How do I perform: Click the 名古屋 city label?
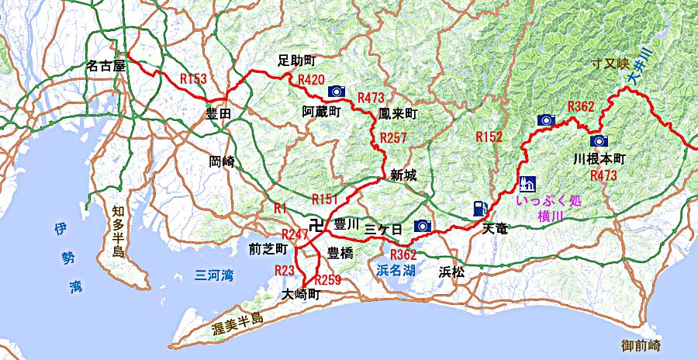click(x=106, y=66)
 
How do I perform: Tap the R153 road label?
click(x=192, y=78)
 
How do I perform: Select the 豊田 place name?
click(x=219, y=114)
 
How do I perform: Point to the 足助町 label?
click(x=297, y=61)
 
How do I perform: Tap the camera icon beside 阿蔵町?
click(x=337, y=91)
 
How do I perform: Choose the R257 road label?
click(x=394, y=137)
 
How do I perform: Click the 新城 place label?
click(x=403, y=175)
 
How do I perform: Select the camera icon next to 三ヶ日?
click(x=423, y=226)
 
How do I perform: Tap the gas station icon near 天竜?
click(x=480, y=208)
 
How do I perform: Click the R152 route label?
click(x=489, y=137)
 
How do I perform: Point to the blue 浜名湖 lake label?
click(x=394, y=271)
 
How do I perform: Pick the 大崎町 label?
click(x=302, y=295)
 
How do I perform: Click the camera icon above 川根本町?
click(x=598, y=141)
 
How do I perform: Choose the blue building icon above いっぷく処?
click(x=527, y=184)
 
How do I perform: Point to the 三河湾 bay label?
click(x=212, y=274)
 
